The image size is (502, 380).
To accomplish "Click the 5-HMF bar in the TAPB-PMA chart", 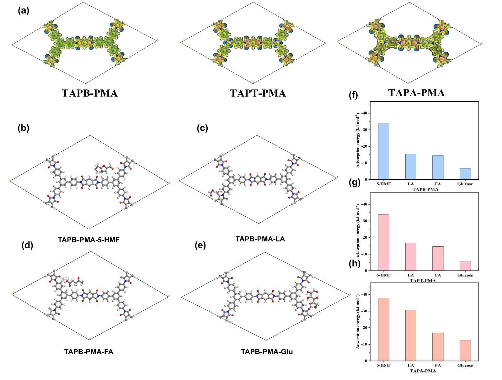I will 383,151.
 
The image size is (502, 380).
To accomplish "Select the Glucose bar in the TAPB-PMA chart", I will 465,174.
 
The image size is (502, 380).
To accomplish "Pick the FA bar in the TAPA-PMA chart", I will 438,346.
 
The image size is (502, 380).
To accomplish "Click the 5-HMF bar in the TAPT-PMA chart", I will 383,242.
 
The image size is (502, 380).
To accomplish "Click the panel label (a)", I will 24,11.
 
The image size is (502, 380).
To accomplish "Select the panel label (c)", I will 202,128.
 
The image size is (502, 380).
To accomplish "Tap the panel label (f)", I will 353,95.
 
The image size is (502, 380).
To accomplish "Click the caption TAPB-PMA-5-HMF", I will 89,240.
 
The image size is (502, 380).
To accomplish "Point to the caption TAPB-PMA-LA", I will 260,239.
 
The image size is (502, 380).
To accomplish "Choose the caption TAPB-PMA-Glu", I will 267,352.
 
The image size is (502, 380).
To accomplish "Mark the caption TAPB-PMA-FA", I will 89,352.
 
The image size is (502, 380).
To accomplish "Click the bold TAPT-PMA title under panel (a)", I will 258,93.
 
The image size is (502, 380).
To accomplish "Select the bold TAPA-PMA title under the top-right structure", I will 416,93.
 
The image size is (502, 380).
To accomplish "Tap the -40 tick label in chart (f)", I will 364,113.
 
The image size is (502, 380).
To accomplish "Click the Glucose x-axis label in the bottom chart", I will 465,365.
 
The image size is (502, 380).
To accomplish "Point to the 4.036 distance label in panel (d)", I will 66,278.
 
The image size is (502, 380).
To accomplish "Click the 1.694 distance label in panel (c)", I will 219,192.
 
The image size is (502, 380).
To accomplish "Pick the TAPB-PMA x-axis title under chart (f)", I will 425,189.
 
